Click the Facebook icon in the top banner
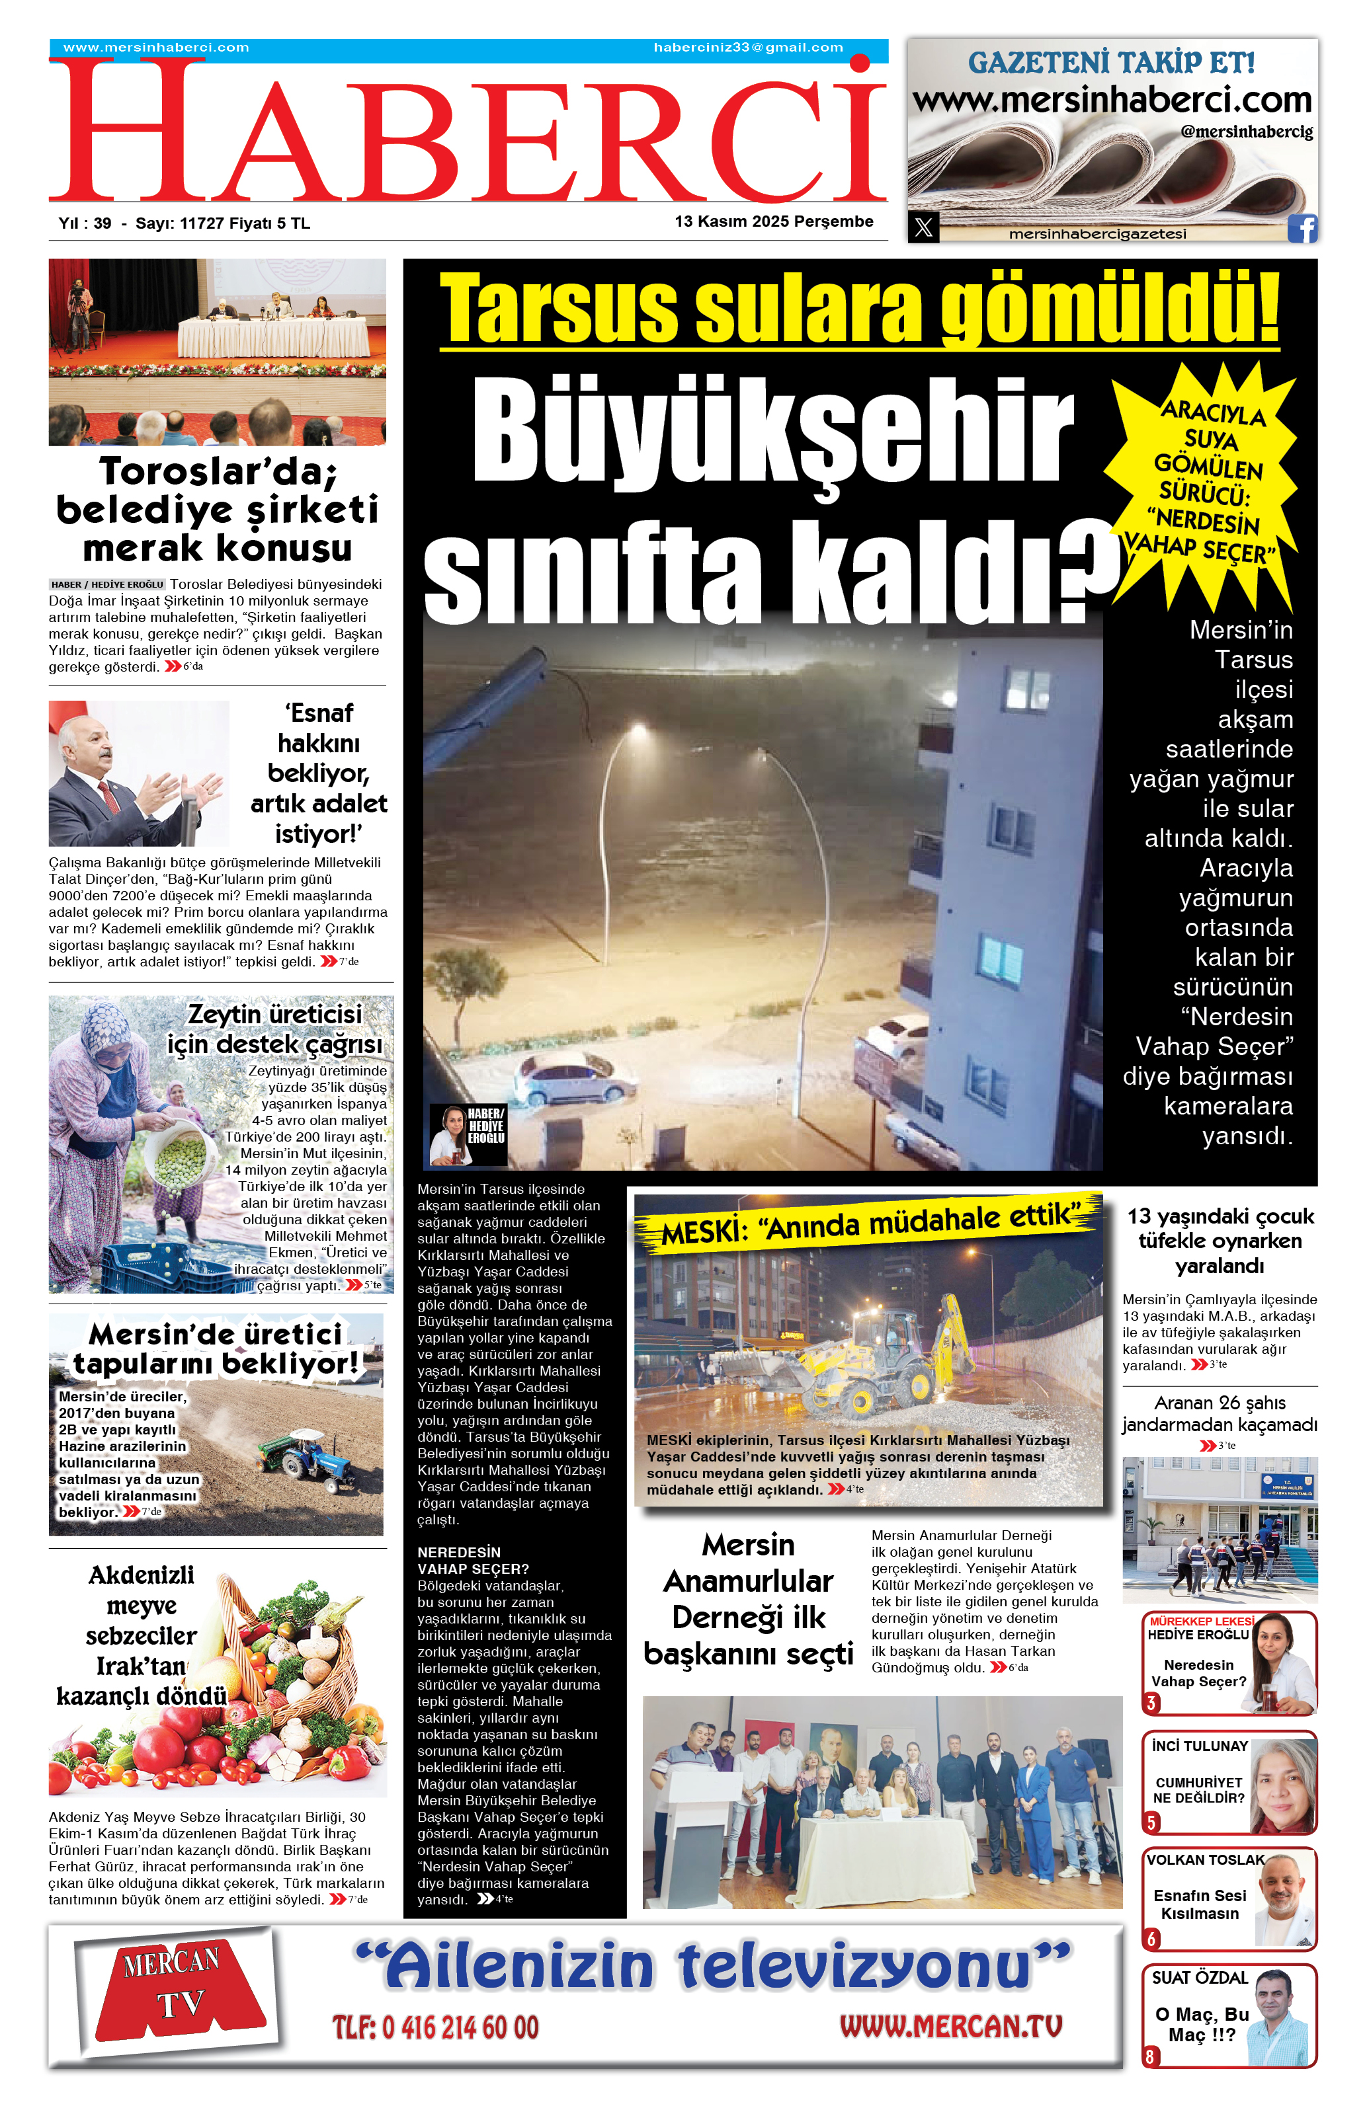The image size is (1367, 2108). coord(1302,229)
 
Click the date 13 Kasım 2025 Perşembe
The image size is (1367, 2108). coord(773,221)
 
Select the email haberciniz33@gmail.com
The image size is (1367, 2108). coord(748,48)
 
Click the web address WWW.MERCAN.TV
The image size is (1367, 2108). coord(950,2027)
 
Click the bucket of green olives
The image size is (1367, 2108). coord(182,1156)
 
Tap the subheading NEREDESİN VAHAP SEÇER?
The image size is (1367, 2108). coord(473,1560)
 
